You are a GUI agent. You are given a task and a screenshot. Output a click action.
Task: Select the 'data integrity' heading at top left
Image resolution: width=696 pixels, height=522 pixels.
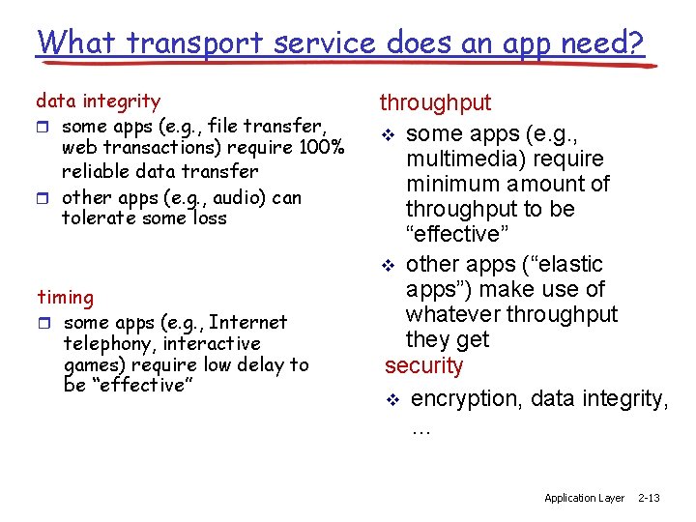pos(98,101)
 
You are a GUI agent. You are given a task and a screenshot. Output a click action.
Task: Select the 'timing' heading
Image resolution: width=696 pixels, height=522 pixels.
pos(65,298)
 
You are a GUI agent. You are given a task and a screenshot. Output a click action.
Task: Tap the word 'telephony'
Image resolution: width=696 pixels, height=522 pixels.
pos(109,343)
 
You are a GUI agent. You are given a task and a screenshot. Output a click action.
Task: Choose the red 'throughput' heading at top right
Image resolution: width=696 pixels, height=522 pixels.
pos(435,102)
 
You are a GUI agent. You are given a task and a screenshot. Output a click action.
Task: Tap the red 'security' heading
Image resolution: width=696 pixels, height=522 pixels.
pos(423,366)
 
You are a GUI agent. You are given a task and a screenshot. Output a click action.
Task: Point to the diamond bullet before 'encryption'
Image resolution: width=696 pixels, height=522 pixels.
pos(391,400)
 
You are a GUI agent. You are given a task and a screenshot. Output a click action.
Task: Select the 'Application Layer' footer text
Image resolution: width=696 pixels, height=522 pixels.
pos(584,498)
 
